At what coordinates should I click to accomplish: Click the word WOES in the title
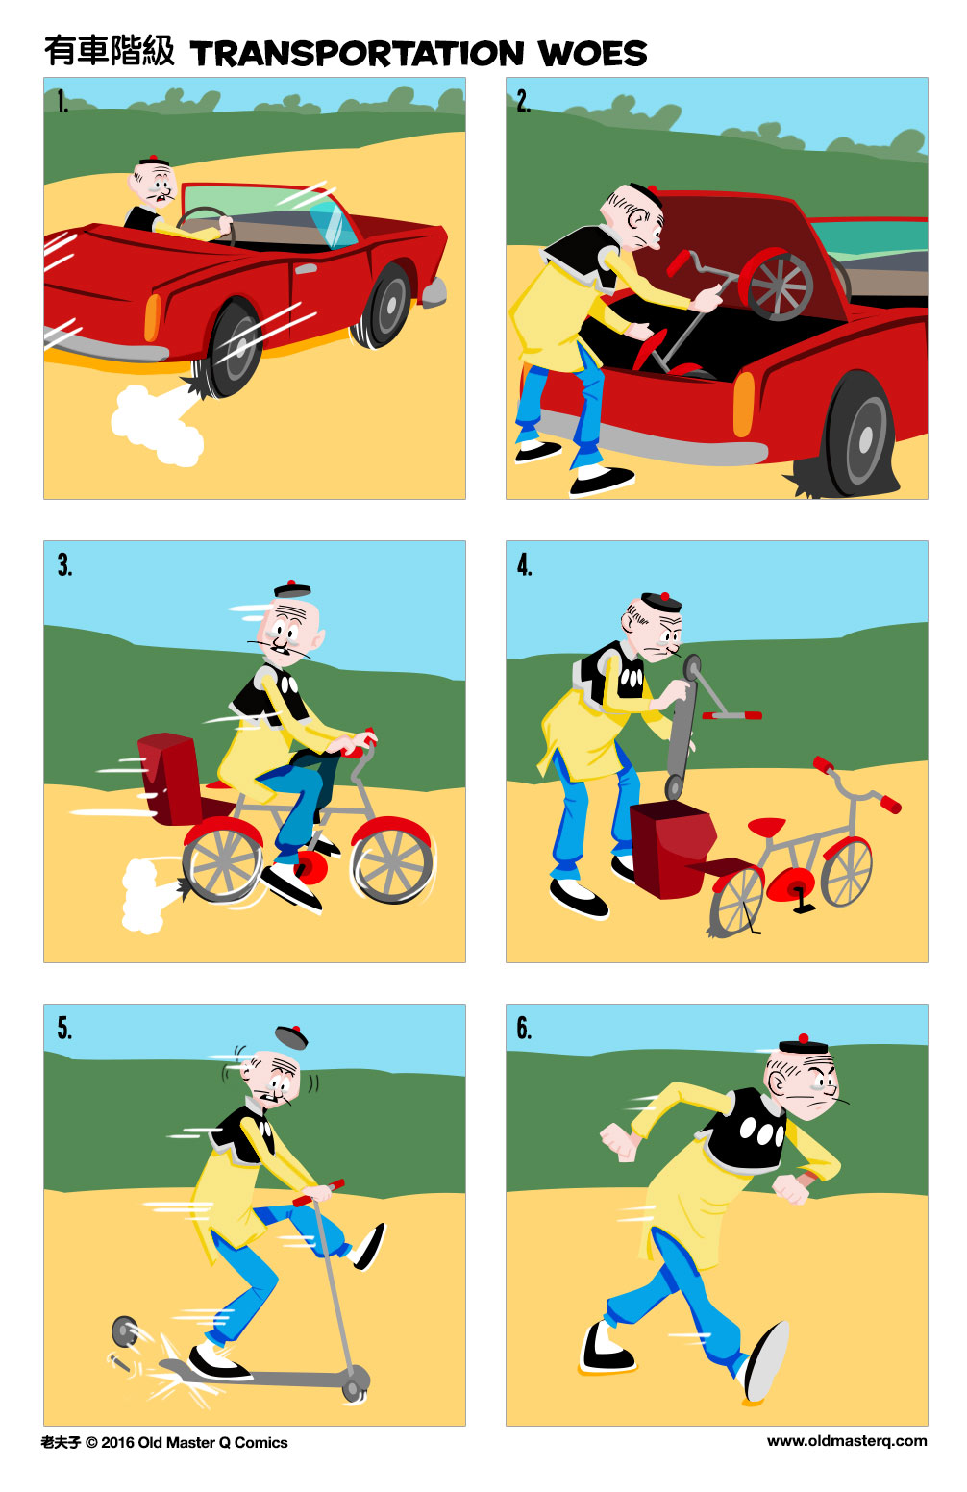coord(592,54)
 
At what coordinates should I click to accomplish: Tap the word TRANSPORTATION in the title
coord(357,54)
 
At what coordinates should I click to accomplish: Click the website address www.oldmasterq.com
coord(846,1440)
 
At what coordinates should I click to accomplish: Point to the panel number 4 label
coord(524,564)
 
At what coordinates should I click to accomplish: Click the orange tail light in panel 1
coord(152,317)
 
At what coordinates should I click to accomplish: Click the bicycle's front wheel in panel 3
coord(391,863)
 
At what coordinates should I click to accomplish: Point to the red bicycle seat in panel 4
coord(766,827)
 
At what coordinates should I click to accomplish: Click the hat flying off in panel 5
coord(291,1036)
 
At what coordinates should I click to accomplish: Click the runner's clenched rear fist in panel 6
coord(621,1141)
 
